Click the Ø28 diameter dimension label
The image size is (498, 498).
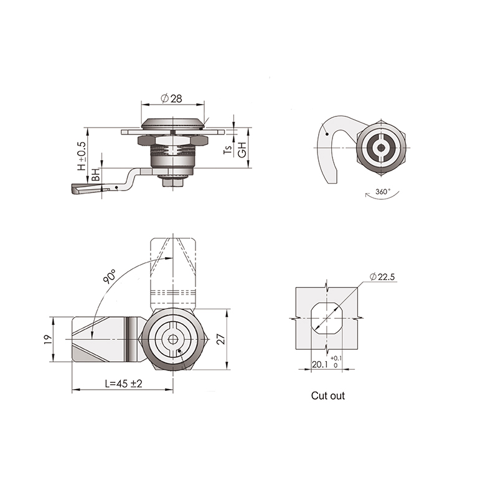(x=172, y=98)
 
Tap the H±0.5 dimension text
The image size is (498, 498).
(x=82, y=156)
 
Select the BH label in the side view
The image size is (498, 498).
(x=96, y=175)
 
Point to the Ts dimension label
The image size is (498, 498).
(x=228, y=149)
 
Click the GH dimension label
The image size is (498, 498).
(x=242, y=149)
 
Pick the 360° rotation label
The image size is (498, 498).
(x=383, y=192)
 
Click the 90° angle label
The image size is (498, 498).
(x=110, y=276)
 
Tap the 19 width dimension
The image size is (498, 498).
(x=47, y=339)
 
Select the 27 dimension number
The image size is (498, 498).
(x=222, y=339)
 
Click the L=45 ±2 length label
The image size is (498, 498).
(x=123, y=383)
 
